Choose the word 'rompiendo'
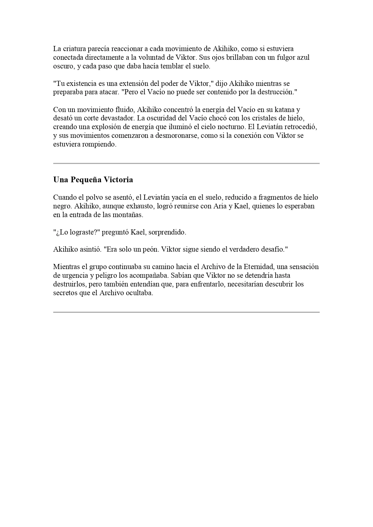[101, 144]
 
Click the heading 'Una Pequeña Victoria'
[93, 180]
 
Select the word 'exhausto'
[139, 206]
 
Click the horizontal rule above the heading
[186, 164]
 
